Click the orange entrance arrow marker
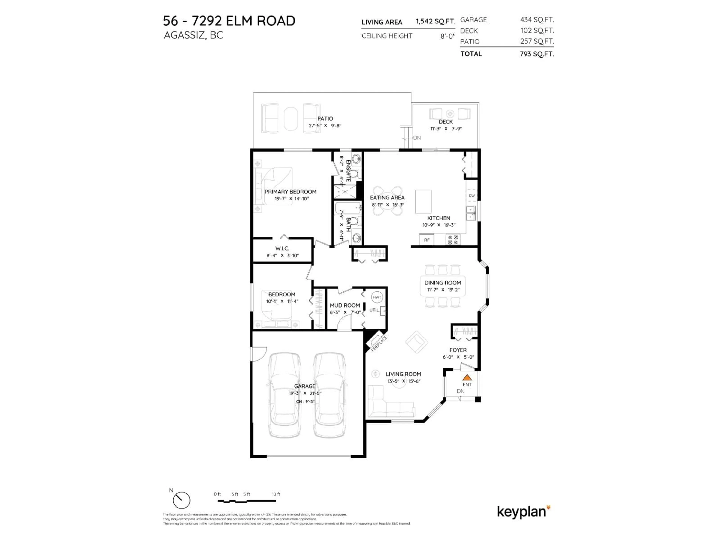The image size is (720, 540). [467, 378]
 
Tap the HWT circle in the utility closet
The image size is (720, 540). [377, 297]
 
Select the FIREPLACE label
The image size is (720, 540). [379, 344]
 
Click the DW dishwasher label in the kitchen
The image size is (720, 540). [472, 196]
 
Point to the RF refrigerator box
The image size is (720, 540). [426, 240]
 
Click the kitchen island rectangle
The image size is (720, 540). [423, 202]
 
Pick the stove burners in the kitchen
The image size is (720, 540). [453, 240]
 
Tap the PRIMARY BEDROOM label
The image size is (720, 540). [290, 192]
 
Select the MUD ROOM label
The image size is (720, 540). [345, 305]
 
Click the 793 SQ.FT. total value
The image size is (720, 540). [536, 54]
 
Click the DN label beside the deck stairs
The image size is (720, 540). [417, 138]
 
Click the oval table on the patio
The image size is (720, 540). [291, 119]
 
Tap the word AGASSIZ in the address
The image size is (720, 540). [184, 35]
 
